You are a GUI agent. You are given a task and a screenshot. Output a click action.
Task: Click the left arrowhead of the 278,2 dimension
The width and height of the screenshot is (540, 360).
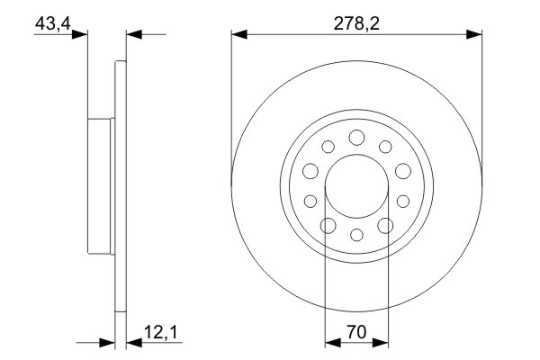238,35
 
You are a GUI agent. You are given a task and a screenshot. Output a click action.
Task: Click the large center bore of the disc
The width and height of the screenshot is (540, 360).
355,185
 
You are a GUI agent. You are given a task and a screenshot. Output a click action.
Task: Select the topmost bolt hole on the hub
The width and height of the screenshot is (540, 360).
355,137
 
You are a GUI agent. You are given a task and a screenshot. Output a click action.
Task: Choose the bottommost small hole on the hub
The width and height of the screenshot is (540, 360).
355,235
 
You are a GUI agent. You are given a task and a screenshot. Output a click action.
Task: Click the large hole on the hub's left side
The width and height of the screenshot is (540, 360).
310,170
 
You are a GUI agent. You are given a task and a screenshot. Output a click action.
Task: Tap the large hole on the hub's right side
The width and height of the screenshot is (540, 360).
401,170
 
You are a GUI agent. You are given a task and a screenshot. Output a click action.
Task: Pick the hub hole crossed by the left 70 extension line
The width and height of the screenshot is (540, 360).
328,225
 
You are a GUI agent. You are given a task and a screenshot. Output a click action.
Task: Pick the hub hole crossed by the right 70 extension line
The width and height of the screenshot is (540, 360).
384,225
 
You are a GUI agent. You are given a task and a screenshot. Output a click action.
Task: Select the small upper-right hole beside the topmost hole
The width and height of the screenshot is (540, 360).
384,147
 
